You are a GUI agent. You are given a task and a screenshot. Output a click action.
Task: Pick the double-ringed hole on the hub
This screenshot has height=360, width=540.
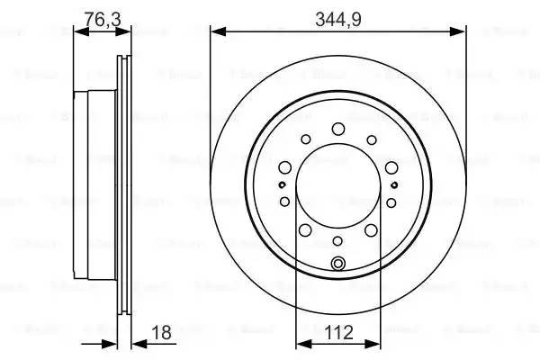point(338,263)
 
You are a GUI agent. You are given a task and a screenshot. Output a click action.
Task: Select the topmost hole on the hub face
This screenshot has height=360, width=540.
point(337,129)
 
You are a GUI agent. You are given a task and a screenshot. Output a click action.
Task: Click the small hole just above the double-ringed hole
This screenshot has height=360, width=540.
point(337,240)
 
